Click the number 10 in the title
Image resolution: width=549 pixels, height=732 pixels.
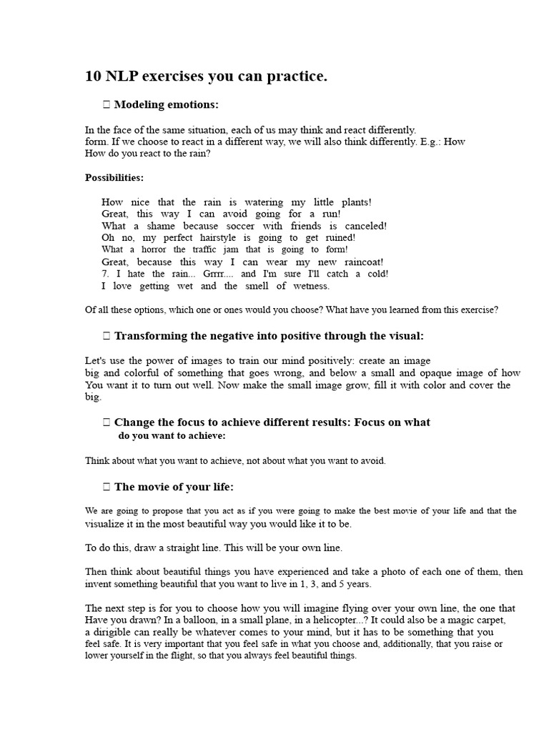coord(93,76)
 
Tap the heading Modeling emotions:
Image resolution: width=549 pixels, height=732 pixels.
coord(166,105)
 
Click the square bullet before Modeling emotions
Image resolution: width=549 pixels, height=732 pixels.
coord(107,105)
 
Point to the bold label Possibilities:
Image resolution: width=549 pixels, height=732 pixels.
coord(114,177)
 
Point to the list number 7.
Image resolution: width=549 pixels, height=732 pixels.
coord(105,274)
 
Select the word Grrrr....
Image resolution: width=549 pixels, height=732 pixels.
coord(216,274)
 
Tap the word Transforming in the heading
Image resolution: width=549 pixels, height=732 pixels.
coord(151,336)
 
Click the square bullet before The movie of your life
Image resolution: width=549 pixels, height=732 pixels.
coord(107,487)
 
